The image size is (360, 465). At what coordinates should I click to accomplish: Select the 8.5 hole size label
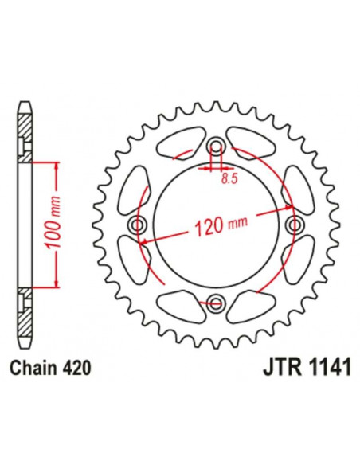pyautogui.click(x=229, y=180)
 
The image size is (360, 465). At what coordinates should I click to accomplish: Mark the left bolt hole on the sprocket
pyautogui.click(x=140, y=225)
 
